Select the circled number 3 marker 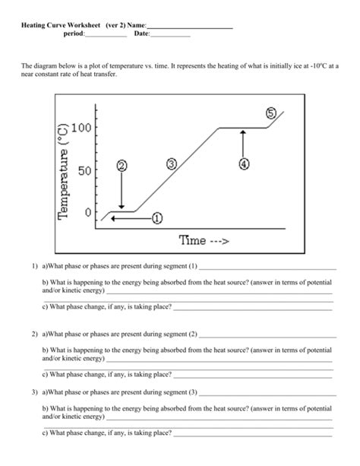tap(172, 164)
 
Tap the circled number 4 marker tap(244, 163)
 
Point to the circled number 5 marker tap(271, 113)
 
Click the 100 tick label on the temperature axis tap(83, 128)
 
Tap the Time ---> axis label tap(204, 240)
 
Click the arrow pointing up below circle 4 tap(244, 143)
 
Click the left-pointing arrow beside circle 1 tap(129, 218)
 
